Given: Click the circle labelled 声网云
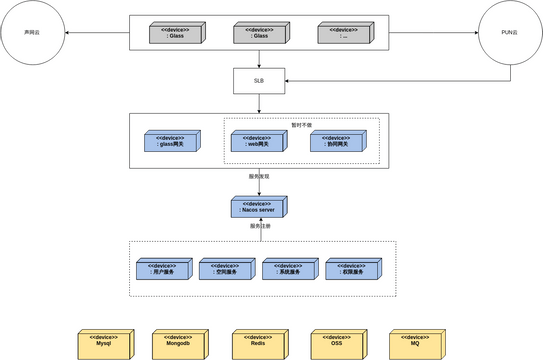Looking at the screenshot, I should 33,33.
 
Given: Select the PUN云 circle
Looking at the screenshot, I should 509,33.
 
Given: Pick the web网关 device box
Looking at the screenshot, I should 258,142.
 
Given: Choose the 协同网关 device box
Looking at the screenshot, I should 337,142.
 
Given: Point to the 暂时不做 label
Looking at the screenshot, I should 301,125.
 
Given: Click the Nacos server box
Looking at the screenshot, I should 259,207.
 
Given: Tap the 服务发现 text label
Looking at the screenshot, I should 259,176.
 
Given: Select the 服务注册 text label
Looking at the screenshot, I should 259,226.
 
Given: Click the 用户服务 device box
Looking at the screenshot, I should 163,268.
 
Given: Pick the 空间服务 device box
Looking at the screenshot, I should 226,268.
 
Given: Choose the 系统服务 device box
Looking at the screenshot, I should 289,268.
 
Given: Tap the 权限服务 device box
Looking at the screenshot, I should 352,268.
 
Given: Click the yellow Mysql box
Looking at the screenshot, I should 104,344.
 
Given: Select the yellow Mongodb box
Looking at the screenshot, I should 178,344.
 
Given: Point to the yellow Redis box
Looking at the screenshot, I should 259,344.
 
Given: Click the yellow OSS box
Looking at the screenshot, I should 337,344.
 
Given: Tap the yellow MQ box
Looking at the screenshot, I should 415,344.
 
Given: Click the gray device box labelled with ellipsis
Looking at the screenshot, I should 344,33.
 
